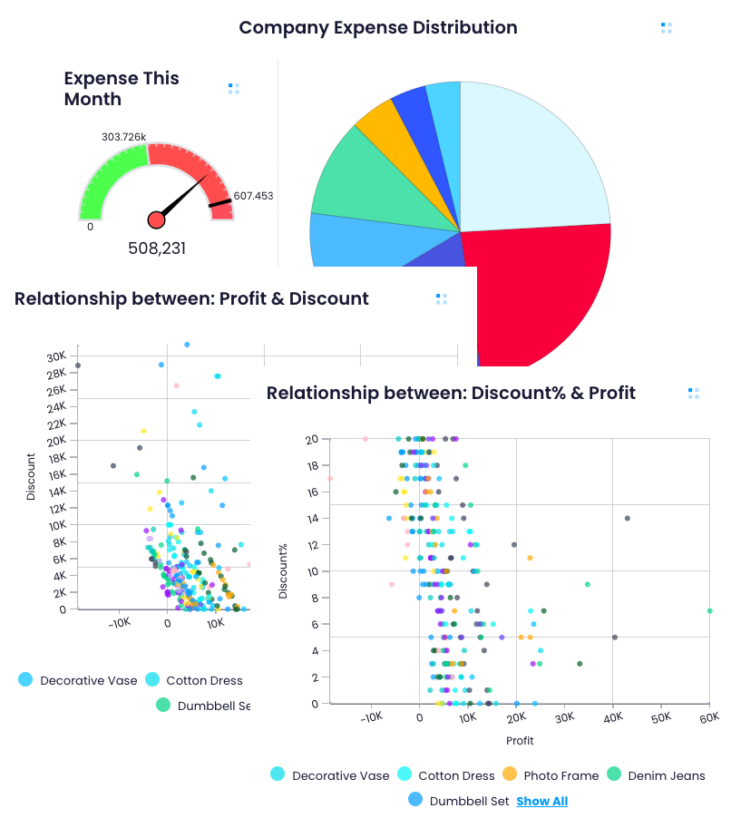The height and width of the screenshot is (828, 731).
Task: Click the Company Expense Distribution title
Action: [377, 27]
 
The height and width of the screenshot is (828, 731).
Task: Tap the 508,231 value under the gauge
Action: [156, 248]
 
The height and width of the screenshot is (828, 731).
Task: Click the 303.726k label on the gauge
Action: [124, 137]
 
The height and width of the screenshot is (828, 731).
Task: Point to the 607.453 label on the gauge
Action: [253, 196]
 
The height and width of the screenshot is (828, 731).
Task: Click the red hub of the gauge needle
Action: [156, 219]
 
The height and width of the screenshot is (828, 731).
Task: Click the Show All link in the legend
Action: [541, 801]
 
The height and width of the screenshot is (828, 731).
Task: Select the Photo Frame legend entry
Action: [551, 775]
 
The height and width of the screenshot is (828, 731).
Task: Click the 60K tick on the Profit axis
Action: [708, 718]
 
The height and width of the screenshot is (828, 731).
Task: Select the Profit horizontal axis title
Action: [520, 741]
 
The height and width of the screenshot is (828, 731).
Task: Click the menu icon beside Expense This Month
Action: [234, 88]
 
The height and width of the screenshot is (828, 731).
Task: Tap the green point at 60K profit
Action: [709, 610]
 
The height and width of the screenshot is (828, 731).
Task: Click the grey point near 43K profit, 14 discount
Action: [628, 518]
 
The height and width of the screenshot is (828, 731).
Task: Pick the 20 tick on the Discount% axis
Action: [311, 439]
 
